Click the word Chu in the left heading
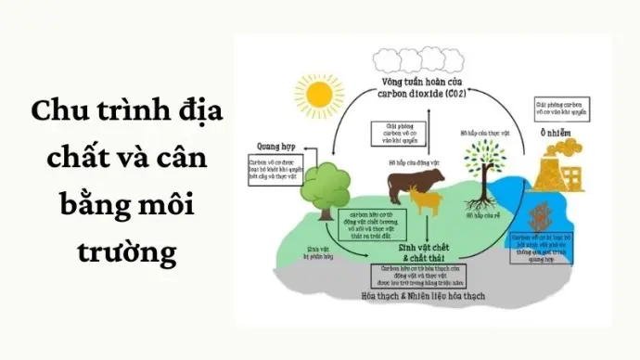[53, 113]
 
